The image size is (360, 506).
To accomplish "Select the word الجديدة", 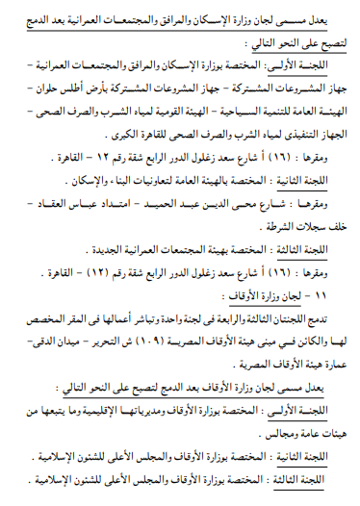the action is click(x=91, y=254).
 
